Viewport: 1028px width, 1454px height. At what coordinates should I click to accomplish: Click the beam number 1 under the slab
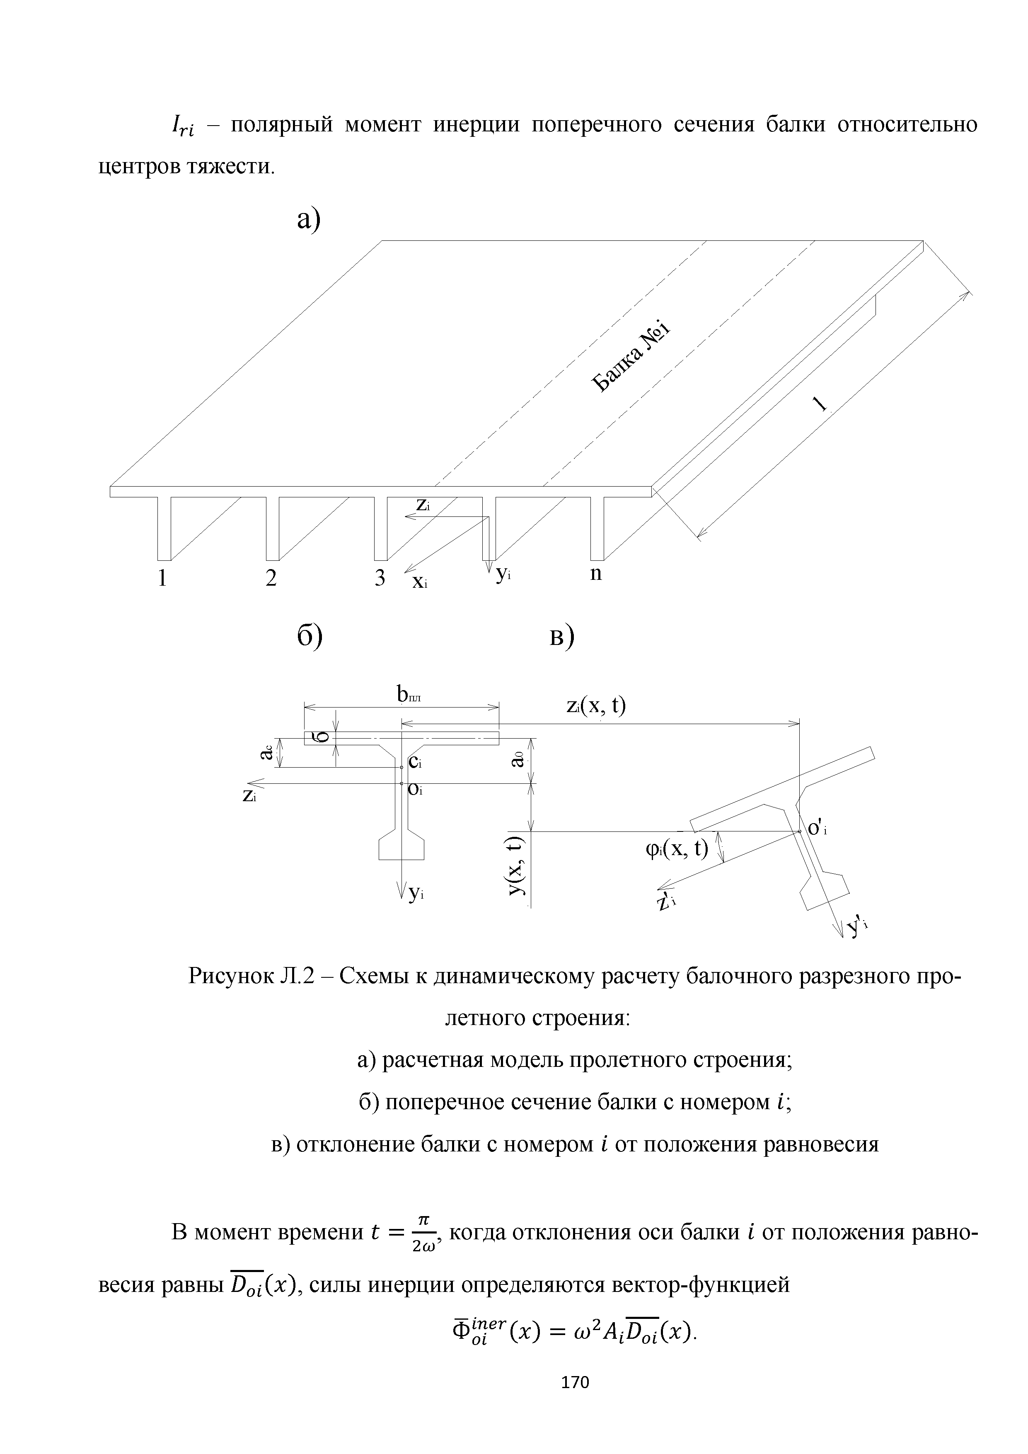163,579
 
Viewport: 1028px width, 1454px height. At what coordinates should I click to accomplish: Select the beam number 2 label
271,579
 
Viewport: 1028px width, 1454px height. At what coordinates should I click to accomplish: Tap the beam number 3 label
379,579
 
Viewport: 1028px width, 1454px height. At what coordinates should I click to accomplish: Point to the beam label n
596,574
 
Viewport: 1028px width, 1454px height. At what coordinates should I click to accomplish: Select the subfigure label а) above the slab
310,219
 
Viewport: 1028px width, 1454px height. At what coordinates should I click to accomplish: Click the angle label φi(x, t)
676,847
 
